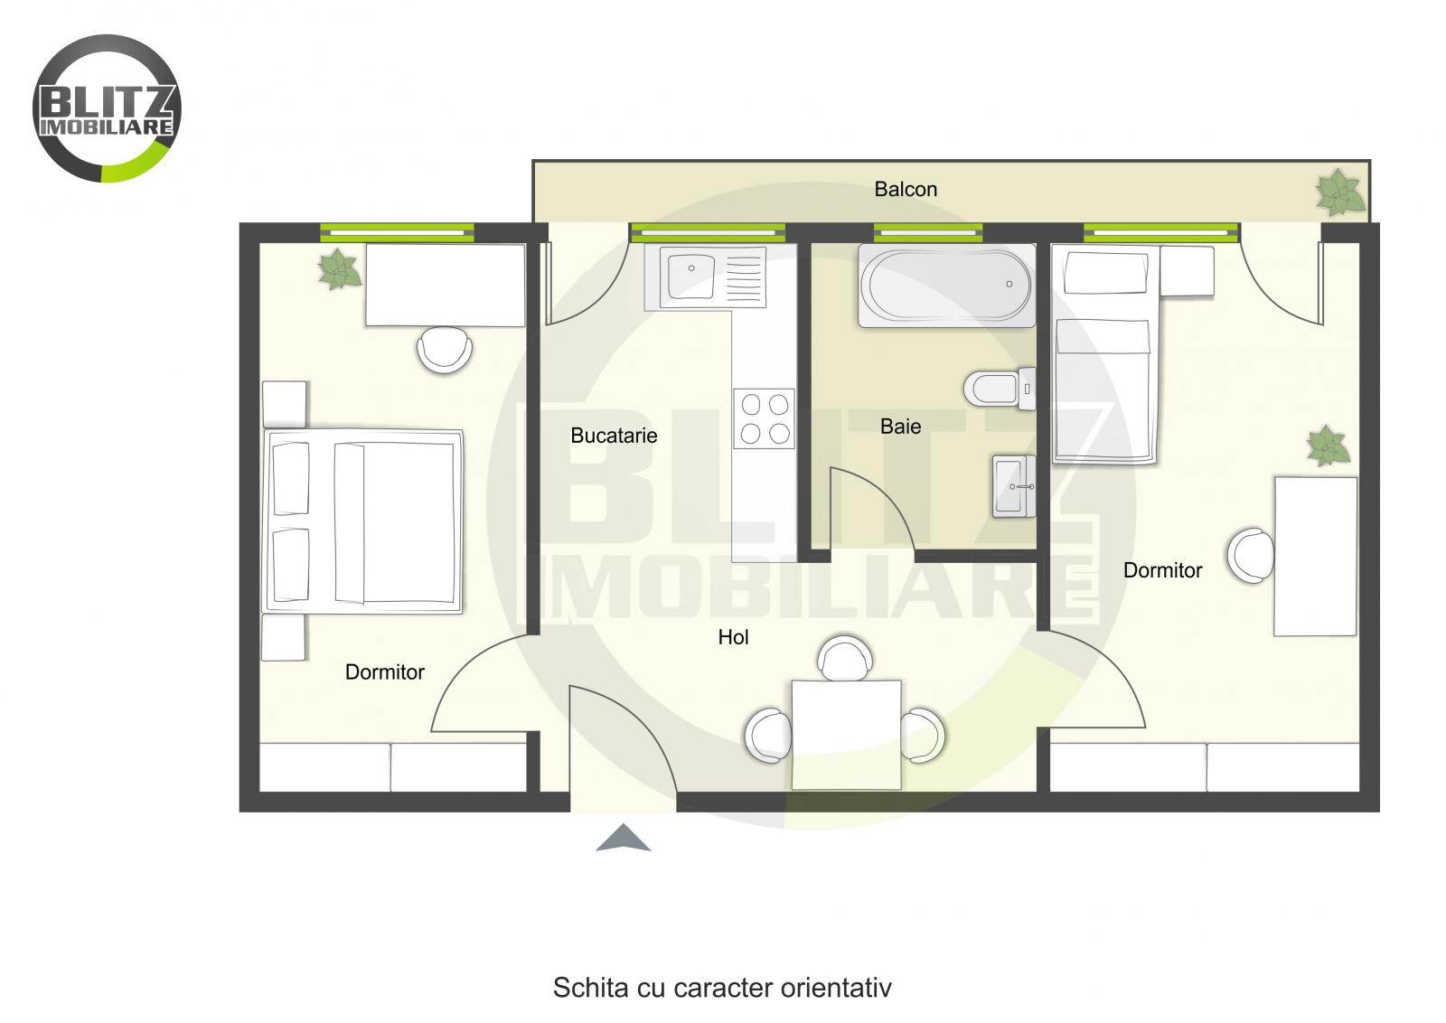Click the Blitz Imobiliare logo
tap(107, 108)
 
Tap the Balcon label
tap(905, 190)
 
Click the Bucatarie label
tap(614, 436)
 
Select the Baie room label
tap(900, 427)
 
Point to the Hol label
tap(733, 638)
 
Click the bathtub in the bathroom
tap(945, 285)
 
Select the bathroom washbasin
tap(1013, 486)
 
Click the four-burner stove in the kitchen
tap(765, 418)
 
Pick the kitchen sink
tap(691, 275)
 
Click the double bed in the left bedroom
tap(363, 522)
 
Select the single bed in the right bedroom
tap(1105, 389)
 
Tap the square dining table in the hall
tap(846, 734)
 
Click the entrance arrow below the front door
tap(623, 839)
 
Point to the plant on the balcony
tap(1338, 192)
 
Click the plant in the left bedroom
tap(339, 269)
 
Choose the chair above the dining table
tap(845, 657)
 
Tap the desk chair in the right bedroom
tap(1251, 555)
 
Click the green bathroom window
tap(927, 233)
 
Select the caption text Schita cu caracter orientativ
tap(722, 987)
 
